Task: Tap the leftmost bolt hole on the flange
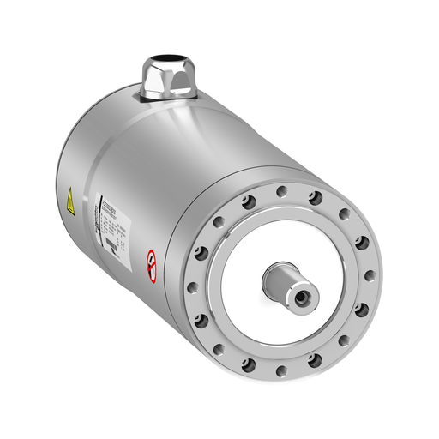pos(191,287)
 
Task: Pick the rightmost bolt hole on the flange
pos(370,276)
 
